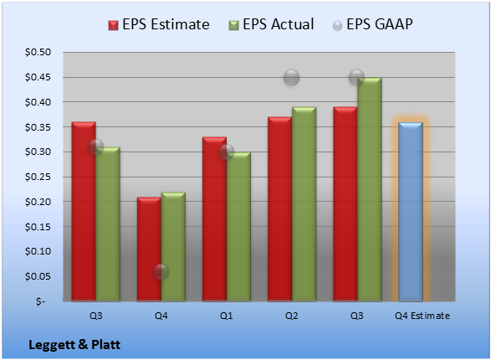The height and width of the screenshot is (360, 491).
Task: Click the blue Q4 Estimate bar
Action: coord(411,212)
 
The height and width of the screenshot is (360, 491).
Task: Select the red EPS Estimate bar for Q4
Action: coord(149,249)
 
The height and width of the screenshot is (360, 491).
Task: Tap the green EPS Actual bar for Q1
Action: coord(238,227)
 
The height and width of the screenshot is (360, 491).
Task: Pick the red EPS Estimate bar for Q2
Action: coord(279,209)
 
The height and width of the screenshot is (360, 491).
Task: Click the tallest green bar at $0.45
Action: coord(370,189)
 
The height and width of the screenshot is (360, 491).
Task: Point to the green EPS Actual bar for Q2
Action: coord(304,204)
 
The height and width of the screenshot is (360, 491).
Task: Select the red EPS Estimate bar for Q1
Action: coord(214,219)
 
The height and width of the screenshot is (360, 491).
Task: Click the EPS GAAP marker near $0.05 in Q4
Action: coord(161,271)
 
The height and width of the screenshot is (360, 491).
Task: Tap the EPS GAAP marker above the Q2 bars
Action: coord(292,77)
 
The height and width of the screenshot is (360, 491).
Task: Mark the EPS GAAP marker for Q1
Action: coord(226,152)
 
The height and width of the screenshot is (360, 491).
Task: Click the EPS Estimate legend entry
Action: coord(159,24)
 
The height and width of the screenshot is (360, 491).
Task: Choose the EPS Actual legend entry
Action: coord(271,24)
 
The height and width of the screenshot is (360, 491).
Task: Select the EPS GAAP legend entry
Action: coord(372,24)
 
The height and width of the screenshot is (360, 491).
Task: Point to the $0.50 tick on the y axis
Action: coord(38,52)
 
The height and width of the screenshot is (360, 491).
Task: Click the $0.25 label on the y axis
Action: coord(38,177)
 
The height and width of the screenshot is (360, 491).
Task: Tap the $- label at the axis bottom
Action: coord(40,301)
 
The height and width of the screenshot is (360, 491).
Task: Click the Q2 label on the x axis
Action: coord(292,316)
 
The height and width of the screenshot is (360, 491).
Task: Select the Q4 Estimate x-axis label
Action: coord(422,316)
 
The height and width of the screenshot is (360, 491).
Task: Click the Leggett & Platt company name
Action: coord(74,345)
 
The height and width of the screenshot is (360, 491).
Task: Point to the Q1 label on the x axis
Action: coord(226,316)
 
